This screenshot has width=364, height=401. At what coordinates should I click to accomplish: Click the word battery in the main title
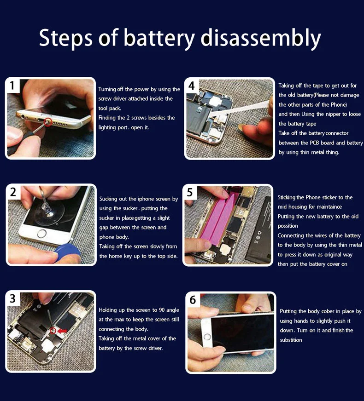pyautogui.click(x=159, y=38)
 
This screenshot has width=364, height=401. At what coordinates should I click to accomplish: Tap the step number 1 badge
pyautogui.click(x=12, y=86)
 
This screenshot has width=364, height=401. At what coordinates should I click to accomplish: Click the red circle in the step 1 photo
pyautogui.click(x=47, y=122)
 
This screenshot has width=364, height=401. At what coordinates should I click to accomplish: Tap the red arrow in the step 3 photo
pyautogui.click(x=62, y=331)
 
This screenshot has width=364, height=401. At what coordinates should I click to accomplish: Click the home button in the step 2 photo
pyautogui.click(x=41, y=234)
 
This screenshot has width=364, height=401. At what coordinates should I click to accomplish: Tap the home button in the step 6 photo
pyautogui.click(x=207, y=337)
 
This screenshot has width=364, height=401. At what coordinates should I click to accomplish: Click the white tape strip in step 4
pyautogui.click(x=241, y=108)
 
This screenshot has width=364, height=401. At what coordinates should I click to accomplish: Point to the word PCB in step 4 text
pyautogui.click(x=314, y=143)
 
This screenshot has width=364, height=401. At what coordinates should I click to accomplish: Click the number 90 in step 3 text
pyautogui.click(x=161, y=310)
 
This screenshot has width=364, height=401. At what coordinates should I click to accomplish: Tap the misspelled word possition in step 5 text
pyautogui.click(x=288, y=226)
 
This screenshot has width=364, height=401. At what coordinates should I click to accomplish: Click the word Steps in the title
pyautogui.click(x=65, y=38)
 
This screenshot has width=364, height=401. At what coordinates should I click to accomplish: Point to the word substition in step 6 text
pyautogui.click(x=291, y=340)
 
